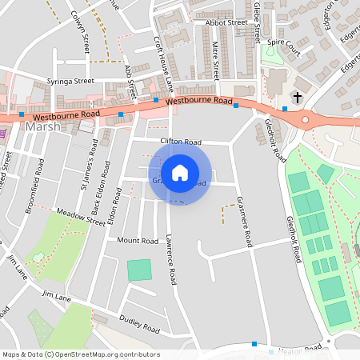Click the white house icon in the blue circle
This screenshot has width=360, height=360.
pyautogui.click(x=180, y=173)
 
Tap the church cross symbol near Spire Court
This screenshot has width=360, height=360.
pyautogui.click(x=298, y=98)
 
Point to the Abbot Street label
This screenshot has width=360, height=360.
pyautogui.click(x=226, y=23)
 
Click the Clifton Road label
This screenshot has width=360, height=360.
pyautogui.click(x=180, y=142)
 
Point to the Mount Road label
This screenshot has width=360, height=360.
pyautogui.click(x=138, y=240)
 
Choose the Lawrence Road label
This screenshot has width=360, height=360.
pyautogui.click(x=170, y=260)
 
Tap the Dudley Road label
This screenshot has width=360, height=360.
pyautogui.click(x=141, y=324)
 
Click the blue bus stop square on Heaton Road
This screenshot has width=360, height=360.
pyautogui.click(x=254, y=344)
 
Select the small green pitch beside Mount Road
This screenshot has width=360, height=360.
pyautogui.click(x=139, y=270)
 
